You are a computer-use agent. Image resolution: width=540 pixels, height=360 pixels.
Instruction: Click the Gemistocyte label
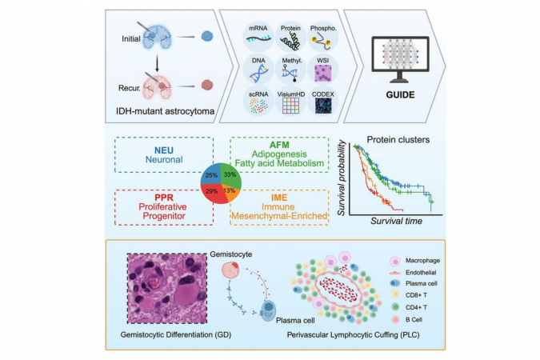(227, 252)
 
